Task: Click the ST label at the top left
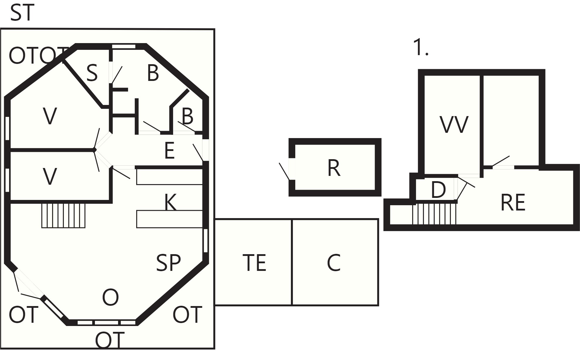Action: click(22, 13)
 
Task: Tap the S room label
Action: click(92, 73)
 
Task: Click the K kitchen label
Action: click(170, 202)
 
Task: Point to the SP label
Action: click(168, 263)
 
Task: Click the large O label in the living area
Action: click(110, 297)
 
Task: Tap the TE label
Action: click(254, 263)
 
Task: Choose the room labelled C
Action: click(334, 263)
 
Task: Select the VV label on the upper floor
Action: click(454, 125)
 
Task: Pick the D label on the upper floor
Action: click(438, 190)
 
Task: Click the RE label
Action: click(513, 203)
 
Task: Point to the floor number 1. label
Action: click(421, 47)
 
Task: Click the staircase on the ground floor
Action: click(63, 215)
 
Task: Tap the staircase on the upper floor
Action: click(434, 214)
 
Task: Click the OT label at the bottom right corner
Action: click(187, 315)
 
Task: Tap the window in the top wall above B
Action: click(124, 46)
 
